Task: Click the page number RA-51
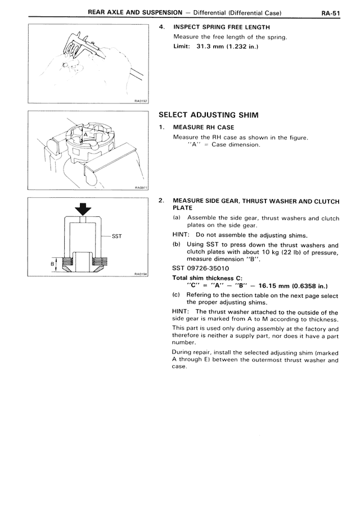tap(334, 12)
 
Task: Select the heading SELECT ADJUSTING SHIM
tap(209, 115)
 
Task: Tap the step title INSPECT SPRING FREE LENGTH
tap(222, 27)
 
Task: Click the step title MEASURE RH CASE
tap(203, 128)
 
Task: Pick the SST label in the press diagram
tap(117, 236)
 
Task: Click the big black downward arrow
tap(83, 209)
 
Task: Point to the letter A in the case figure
tap(85, 135)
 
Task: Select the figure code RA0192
tap(140, 101)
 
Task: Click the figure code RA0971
tap(140, 189)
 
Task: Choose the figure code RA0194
tap(140, 274)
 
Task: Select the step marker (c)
tap(177, 294)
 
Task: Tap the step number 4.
tap(161, 27)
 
